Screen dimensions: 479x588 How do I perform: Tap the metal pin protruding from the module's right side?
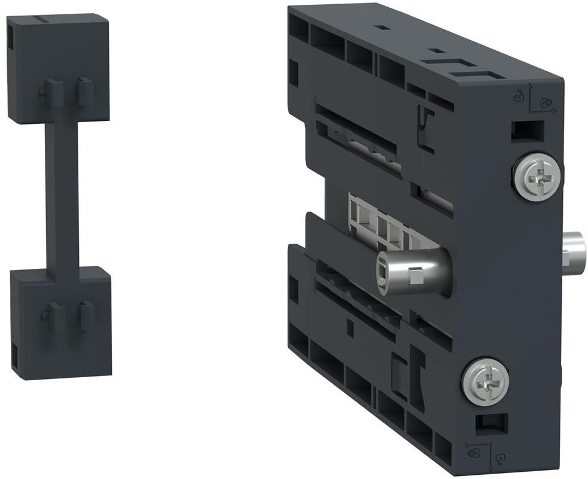point(575,250)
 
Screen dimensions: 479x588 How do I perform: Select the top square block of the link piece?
point(59,69)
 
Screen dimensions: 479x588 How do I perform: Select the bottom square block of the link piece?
point(61,322)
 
